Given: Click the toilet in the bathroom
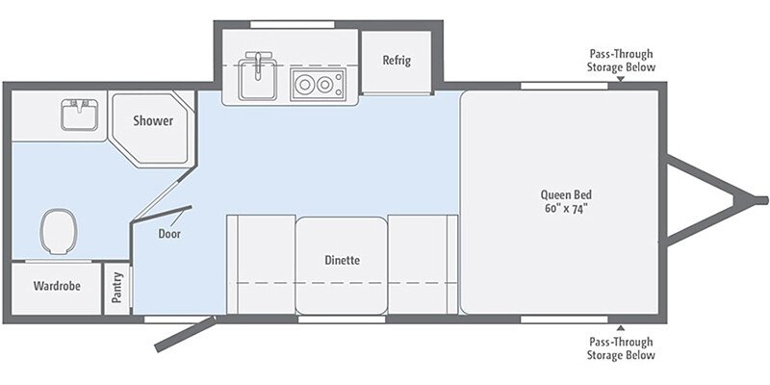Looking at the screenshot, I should pyautogui.click(x=58, y=231).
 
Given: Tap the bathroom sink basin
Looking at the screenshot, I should pyautogui.click(x=76, y=115).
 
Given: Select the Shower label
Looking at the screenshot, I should pyautogui.click(x=153, y=121).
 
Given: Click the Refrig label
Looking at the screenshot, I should pyautogui.click(x=397, y=61).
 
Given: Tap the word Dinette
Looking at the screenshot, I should pyautogui.click(x=341, y=260).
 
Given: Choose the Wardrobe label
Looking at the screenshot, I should pyautogui.click(x=55, y=286).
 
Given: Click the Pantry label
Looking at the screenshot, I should pyautogui.click(x=117, y=288).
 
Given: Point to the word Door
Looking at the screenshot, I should pyautogui.click(x=168, y=232).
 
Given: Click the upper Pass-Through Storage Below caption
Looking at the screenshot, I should pyautogui.click(x=621, y=61).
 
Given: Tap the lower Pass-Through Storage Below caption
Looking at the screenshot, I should pyautogui.click(x=621, y=348).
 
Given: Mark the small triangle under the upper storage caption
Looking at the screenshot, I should pyautogui.click(x=621, y=80).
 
